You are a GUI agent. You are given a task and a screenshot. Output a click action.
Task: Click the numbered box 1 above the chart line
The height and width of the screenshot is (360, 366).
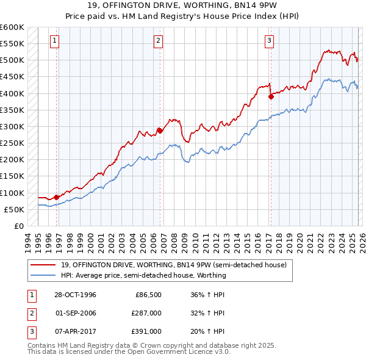(54, 41)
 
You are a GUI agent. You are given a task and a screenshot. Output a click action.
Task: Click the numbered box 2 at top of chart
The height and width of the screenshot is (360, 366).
(158, 41)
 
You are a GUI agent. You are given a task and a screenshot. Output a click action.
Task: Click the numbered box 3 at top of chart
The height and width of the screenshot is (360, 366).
(269, 41)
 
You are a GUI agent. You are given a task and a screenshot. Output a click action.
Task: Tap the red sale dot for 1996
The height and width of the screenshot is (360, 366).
(57, 197)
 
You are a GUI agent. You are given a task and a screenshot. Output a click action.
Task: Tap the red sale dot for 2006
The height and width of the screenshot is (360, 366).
(160, 130)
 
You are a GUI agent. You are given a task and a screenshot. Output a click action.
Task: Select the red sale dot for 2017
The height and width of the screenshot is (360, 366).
(271, 96)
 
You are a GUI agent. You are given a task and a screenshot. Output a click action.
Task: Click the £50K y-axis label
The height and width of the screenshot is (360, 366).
(14, 209)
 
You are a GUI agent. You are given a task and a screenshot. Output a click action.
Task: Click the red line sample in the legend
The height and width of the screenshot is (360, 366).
(43, 264)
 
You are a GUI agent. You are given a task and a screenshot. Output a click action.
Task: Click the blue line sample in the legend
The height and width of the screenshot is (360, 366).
(43, 275)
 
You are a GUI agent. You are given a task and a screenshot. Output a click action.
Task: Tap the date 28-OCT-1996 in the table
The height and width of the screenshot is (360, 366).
(76, 295)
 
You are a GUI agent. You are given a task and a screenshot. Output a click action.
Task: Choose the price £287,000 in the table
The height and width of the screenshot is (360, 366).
(146, 313)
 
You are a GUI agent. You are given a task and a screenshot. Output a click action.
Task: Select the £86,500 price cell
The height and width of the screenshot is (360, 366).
(148, 295)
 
